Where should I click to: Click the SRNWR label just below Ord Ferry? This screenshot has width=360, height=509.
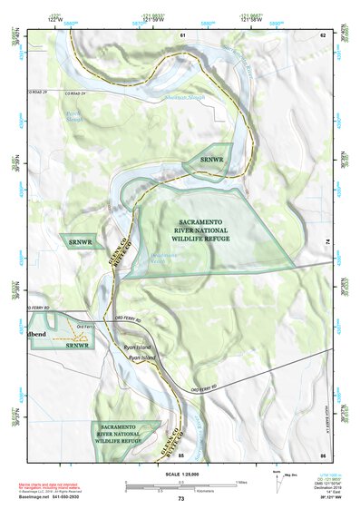pos(79,345)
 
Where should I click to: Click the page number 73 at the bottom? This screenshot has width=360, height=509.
pos(180,499)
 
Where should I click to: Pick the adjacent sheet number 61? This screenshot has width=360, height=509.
pos(182,34)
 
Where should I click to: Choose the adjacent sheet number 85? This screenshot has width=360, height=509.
pos(181,454)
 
